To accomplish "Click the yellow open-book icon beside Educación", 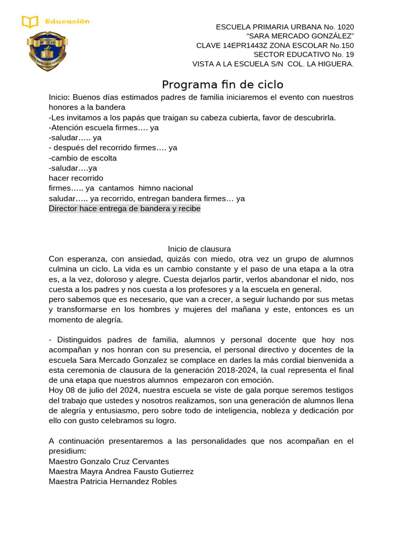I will coord(30,22).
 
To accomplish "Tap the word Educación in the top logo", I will coord(67,22).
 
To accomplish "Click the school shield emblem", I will coord(47,51).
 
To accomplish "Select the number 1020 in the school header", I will coord(343,27).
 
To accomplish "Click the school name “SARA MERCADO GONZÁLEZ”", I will coord(300,36).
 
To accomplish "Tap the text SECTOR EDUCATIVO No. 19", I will coord(303,54).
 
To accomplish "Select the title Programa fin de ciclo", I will coord(222,84).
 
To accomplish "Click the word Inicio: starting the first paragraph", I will coord(59,97).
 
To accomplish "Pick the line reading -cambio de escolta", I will coord(82,158).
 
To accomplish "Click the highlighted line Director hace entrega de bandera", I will coord(124,208).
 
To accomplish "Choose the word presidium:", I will coord(67,451).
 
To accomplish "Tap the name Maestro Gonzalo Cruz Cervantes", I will coord(109,461).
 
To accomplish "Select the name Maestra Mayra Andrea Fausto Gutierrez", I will coord(121,471).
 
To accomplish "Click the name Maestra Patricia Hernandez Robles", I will coord(112,481).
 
